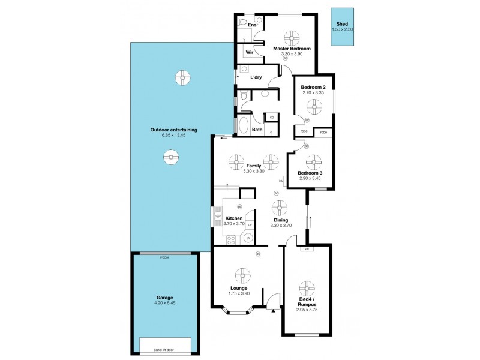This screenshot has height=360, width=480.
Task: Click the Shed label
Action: click(x=342, y=25)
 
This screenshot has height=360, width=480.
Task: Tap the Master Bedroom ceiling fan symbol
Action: click(x=292, y=37)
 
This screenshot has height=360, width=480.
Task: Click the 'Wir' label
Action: click(x=249, y=52)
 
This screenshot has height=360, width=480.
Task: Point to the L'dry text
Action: click(x=256, y=77)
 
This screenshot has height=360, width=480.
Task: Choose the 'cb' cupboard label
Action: click(x=271, y=117)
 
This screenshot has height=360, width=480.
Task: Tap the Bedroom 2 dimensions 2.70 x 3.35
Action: click(x=312, y=93)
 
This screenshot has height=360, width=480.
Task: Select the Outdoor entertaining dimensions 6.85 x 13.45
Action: click(x=173, y=135)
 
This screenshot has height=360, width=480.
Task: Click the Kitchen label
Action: click(x=233, y=218)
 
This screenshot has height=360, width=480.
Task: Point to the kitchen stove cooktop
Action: click(x=230, y=239)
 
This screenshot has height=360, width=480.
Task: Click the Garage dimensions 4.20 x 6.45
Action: click(x=165, y=303)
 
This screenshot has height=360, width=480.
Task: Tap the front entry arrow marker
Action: click(x=272, y=310)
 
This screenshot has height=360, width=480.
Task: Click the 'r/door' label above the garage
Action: click(x=164, y=257)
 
